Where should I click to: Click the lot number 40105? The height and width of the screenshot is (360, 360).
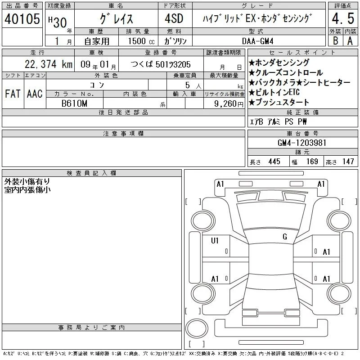click(x=22, y=19)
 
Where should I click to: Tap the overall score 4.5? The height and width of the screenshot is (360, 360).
click(x=343, y=18)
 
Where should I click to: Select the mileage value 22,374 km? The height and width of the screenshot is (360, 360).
click(x=49, y=64)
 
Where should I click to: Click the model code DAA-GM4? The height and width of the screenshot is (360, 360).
click(x=257, y=41)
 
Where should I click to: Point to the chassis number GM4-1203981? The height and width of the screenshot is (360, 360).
click(x=301, y=143)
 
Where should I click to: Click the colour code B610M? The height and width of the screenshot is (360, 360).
click(x=74, y=103)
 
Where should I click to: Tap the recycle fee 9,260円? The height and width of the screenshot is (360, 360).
click(x=229, y=104)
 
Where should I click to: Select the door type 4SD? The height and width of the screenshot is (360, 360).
click(x=174, y=18)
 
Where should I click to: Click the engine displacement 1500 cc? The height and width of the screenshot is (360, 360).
click(x=141, y=41)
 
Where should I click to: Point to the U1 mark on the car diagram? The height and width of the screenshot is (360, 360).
click(x=215, y=241)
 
